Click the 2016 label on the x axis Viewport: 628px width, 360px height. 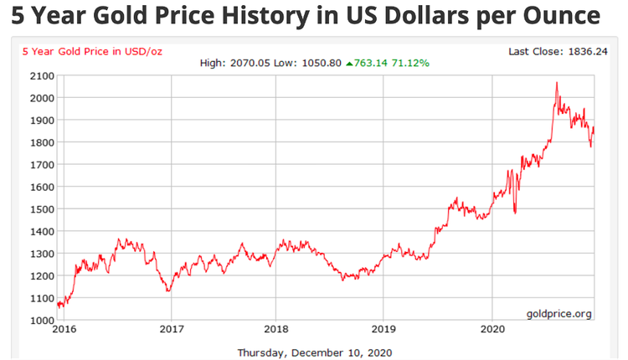pos(64,330)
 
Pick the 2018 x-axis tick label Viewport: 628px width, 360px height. pos(277,330)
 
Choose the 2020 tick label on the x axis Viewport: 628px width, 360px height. pos(492,330)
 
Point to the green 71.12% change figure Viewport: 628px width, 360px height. pos(411,63)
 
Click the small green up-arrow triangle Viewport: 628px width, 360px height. pos(349,63)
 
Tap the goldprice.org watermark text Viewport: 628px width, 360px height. pos(559,313)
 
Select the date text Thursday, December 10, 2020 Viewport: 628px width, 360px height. pos(314,352)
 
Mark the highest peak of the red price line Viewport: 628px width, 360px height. pos(557,82)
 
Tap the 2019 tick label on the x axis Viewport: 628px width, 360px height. pos(383,330)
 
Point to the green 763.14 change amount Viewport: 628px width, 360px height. pos(373,63)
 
